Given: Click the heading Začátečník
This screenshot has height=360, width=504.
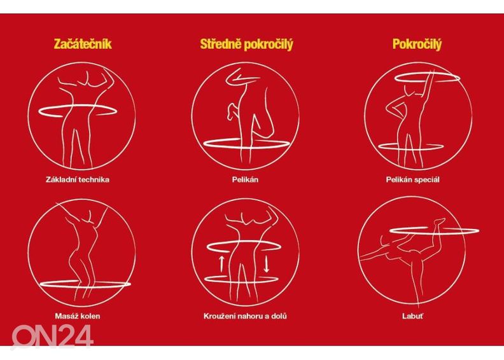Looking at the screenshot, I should click(83, 45).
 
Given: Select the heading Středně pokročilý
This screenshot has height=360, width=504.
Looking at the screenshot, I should click(246, 45).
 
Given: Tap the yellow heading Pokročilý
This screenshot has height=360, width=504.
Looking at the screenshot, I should click(417, 45).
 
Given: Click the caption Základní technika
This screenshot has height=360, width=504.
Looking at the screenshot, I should click(83, 179).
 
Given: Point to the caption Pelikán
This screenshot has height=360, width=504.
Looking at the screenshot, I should click(245, 179).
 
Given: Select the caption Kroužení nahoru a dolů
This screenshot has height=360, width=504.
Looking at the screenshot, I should click(245, 315).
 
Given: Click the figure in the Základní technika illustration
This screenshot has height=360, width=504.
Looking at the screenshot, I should click(81, 121).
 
